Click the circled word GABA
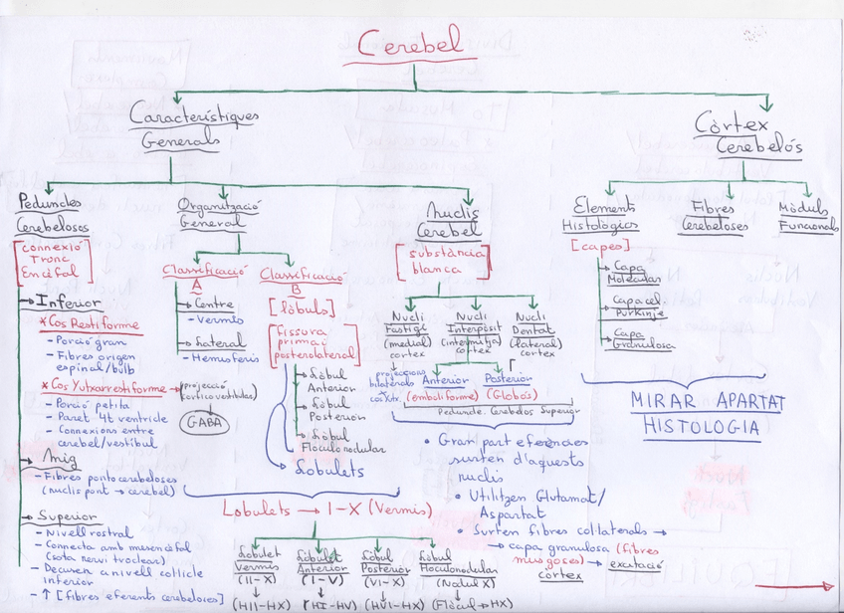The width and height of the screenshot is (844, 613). (x=205, y=422)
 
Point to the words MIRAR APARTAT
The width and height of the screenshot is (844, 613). (x=708, y=402)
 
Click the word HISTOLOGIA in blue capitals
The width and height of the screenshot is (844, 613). (x=702, y=428)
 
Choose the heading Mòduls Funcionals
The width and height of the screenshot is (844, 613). (x=807, y=217)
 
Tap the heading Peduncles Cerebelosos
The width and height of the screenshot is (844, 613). (x=51, y=215)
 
